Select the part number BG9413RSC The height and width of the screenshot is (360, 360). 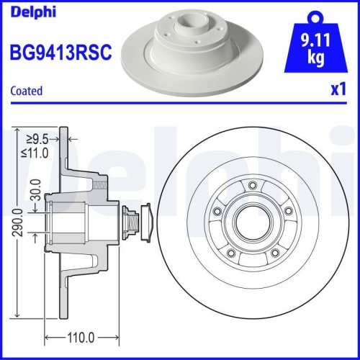click(x=60, y=52)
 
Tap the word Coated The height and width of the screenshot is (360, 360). click(x=27, y=91)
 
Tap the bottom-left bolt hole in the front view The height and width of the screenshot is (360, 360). click(x=230, y=252)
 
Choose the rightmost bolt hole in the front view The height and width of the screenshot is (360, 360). click(x=287, y=210)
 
